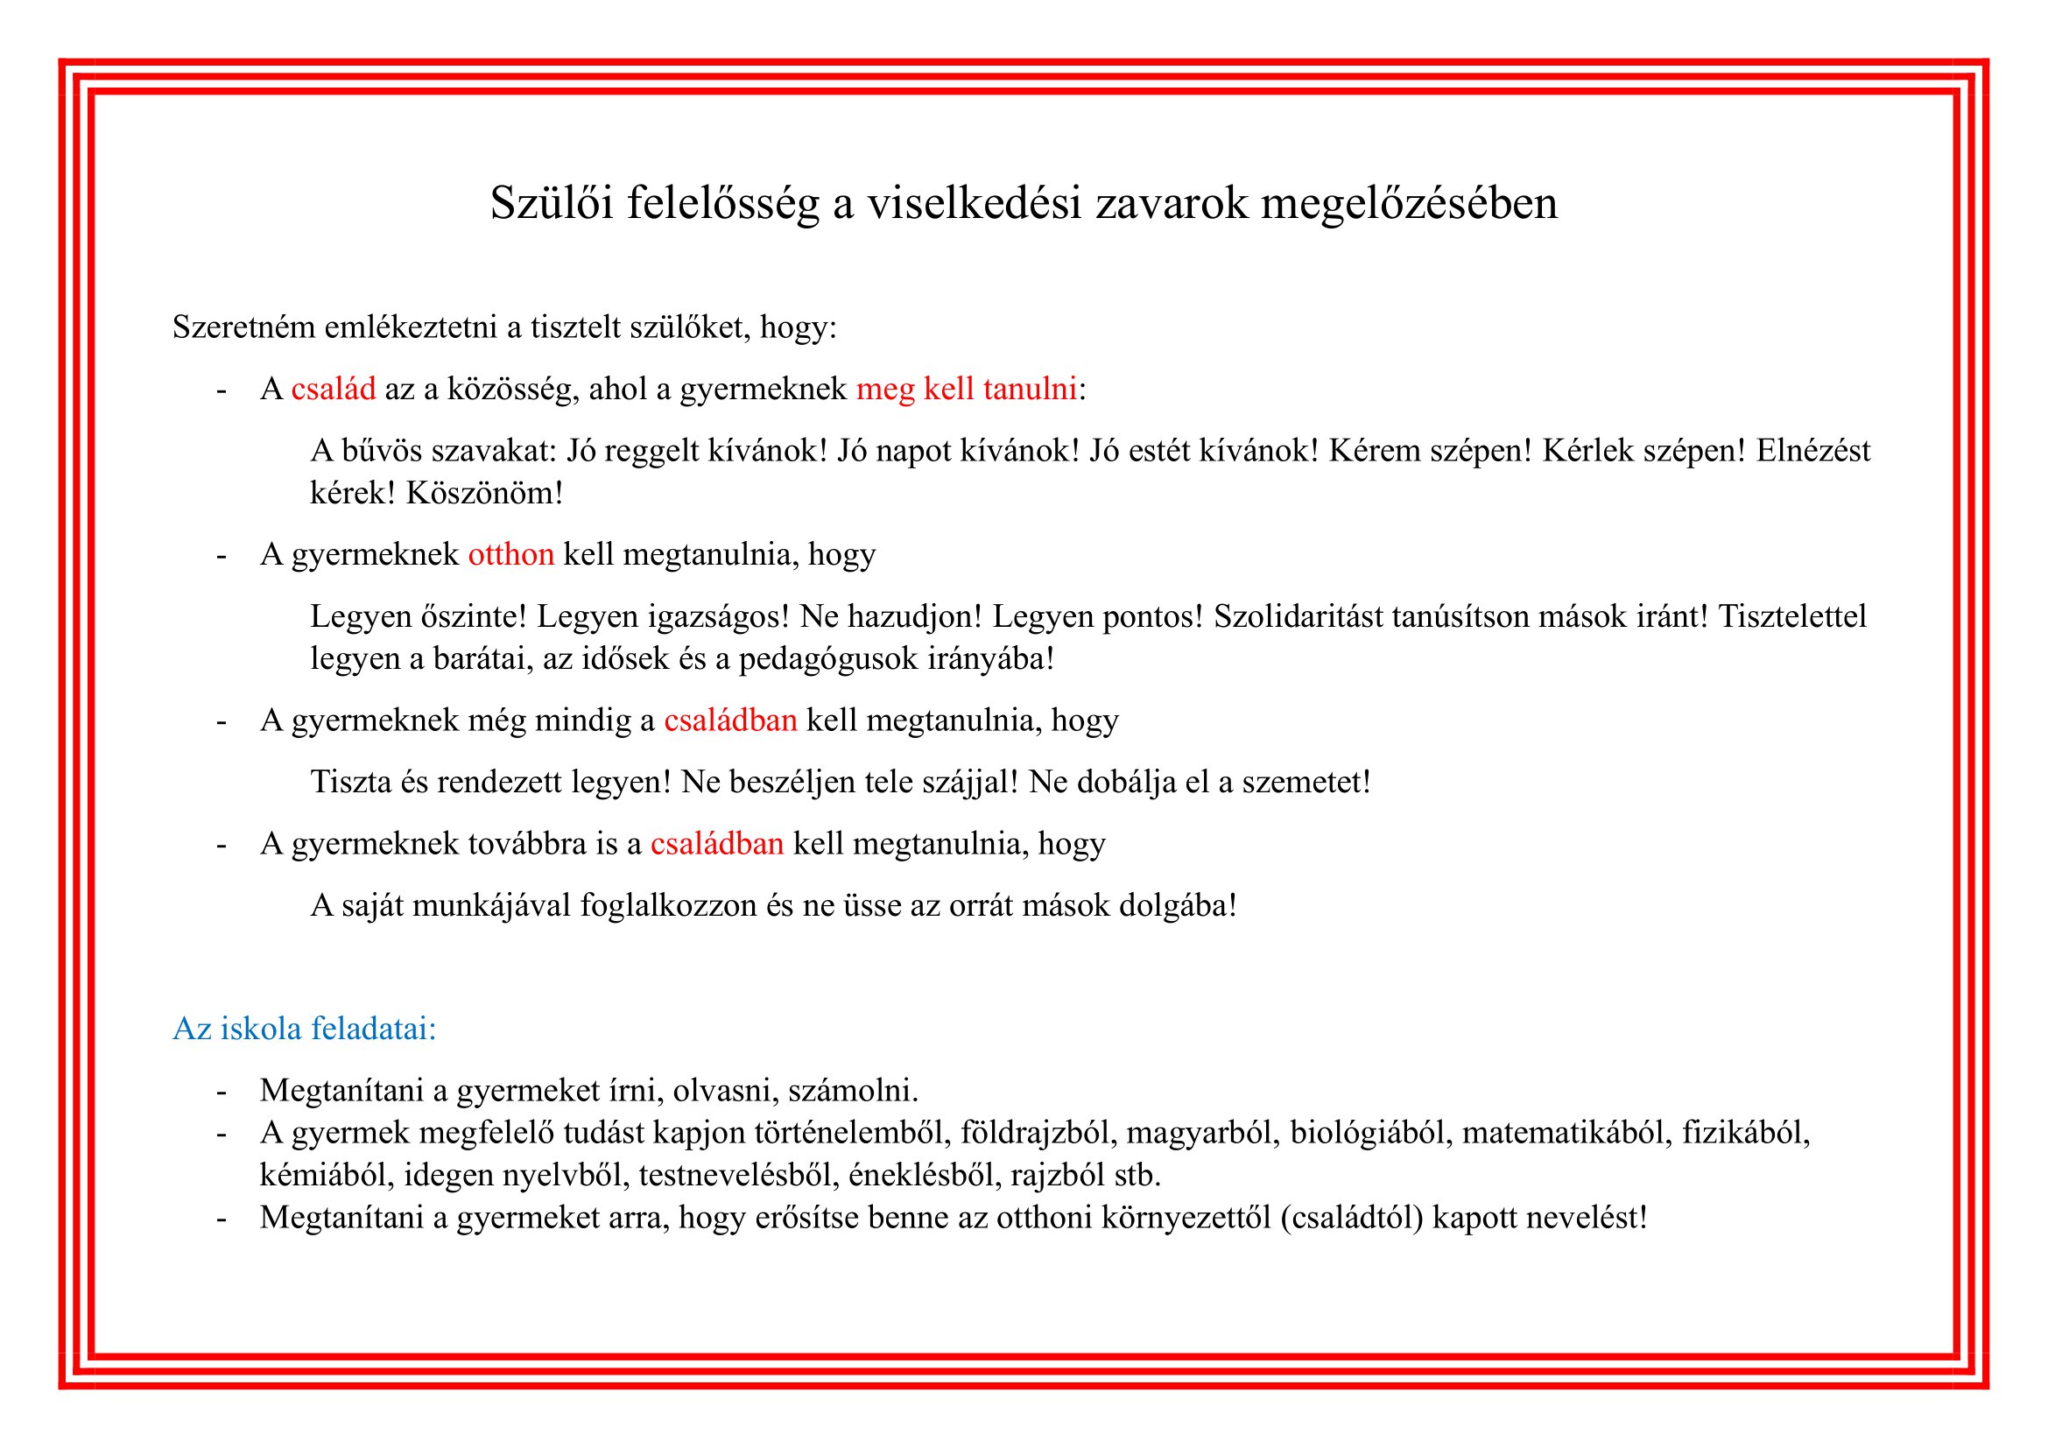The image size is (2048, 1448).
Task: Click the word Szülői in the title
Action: [x=552, y=203]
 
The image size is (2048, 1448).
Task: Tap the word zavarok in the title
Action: [x=1172, y=203]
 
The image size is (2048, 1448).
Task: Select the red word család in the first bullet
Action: [x=333, y=390]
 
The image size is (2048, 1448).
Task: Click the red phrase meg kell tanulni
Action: [x=966, y=390]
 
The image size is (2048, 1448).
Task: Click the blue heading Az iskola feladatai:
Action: [x=304, y=1028]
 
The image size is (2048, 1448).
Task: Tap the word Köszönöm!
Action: [x=484, y=493]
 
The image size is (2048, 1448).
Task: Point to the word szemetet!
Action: [x=1306, y=782]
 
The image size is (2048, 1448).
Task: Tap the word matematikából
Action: [x=1567, y=1132]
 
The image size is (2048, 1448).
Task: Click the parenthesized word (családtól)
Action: [x=1351, y=1217]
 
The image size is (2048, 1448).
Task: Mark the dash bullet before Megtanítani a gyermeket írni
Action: [x=222, y=1092]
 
